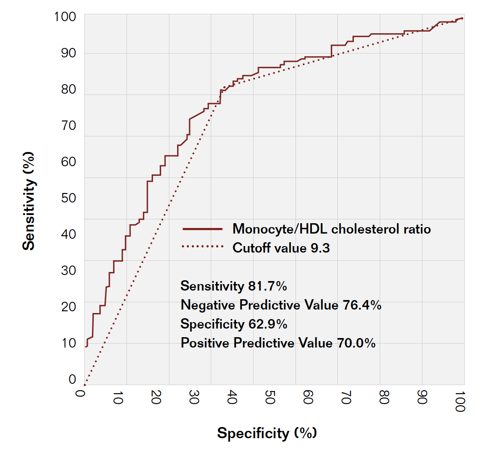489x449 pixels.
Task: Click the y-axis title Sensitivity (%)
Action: [x=29, y=200]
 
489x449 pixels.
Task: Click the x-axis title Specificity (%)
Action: [x=267, y=433]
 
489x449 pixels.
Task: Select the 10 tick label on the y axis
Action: [x=70, y=343]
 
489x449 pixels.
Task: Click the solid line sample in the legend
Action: [x=202, y=229]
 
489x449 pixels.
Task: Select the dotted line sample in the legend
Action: [x=202, y=247]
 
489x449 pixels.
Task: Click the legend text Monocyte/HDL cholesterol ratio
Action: [x=331, y=229]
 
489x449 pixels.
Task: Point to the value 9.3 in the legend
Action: [x=321, y=248]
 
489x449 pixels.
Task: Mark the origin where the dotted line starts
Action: [x=85, y=385]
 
